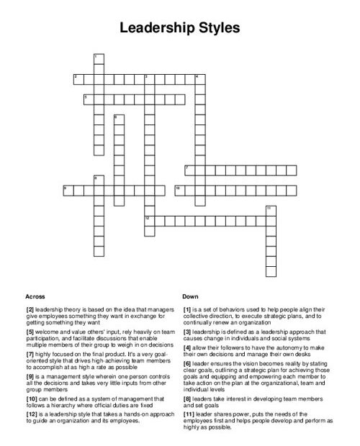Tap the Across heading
[35, 296]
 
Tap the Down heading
[191, 296]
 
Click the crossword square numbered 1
[98, 58]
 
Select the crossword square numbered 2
[78, 78]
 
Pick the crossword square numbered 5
[88, 98]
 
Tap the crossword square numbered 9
[68, 189]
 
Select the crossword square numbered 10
[180, 189]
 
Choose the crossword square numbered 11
[271, 210]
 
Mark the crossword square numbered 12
[150, 219]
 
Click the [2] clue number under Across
[31, 309]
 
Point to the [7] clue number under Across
[31, 355]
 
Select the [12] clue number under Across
[32, 414]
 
